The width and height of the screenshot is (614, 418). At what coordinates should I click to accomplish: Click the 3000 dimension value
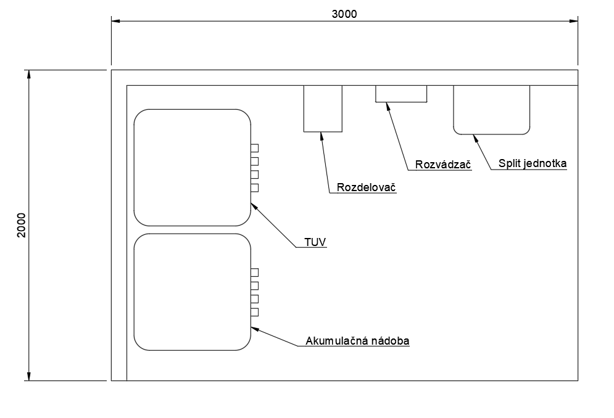[x=344, y=14]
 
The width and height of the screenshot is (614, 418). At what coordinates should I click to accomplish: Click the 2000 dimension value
[x=20, y=225]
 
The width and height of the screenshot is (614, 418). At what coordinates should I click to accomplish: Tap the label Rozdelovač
[x=367, y=188]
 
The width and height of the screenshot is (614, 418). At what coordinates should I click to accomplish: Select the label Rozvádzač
[x=443, y=165]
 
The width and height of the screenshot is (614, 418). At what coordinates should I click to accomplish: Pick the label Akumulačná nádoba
[x=358, y=340]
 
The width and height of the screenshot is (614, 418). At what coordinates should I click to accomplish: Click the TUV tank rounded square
[x=192, y=168]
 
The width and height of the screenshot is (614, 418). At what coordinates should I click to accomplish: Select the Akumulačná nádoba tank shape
[x=192, y=292]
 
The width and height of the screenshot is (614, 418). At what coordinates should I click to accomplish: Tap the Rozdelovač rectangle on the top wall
[x=323, y=109]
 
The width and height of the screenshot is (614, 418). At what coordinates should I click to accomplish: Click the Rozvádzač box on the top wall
[x=401, y=94]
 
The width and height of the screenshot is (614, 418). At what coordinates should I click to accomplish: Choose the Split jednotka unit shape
[x=492, y=109]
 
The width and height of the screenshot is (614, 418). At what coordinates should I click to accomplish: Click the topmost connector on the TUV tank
[x=254, y=148]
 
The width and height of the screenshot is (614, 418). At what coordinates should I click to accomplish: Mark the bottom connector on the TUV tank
[x=254, y=188]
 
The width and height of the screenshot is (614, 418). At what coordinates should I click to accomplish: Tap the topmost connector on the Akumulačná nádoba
[x=254, y=273]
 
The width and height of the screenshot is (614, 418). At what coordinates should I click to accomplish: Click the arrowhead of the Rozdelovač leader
[x=320, y=135]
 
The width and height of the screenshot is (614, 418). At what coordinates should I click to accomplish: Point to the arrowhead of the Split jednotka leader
[x=475, y=137]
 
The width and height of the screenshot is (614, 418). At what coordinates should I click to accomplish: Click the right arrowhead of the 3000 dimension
[x=573, y=22]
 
